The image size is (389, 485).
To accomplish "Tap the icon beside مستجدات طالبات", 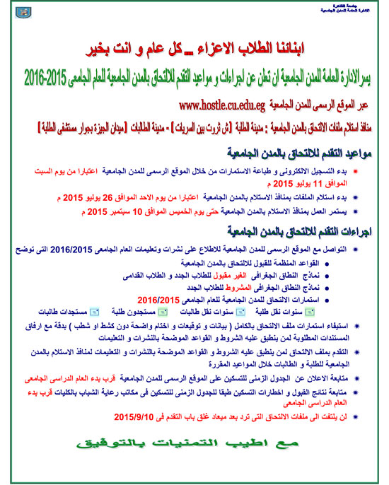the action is click(95, 312).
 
